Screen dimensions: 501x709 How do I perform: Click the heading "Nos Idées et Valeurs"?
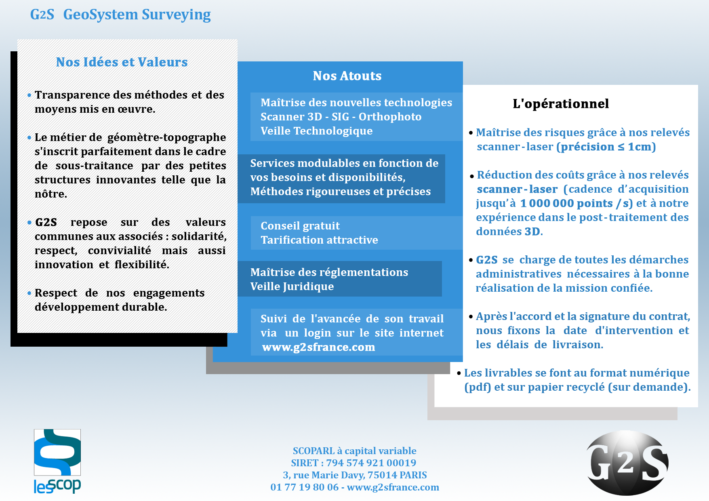122,62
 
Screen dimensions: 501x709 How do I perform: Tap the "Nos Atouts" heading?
347,76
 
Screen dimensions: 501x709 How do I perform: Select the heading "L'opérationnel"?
560,104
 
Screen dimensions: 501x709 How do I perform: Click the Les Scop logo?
57,461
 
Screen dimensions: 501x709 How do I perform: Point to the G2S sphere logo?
627,463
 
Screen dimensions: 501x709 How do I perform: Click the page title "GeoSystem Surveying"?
137,15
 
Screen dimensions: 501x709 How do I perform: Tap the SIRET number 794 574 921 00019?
371,463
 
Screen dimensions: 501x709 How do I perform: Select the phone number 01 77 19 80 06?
304,487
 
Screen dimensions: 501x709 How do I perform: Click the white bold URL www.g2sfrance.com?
318,347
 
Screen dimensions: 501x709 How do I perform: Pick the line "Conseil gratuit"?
300,226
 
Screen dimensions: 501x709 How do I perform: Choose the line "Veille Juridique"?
292,286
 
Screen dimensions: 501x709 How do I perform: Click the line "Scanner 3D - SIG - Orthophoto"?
341,117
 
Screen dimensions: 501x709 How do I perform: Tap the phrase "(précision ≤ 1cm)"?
606,147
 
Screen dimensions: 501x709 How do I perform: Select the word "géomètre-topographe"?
166,137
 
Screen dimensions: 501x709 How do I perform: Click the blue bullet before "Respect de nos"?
29,293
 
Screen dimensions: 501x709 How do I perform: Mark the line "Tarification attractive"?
319,240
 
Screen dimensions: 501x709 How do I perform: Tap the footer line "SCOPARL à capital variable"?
354,451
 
